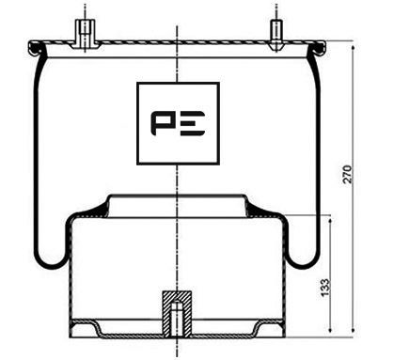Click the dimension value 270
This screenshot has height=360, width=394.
348,174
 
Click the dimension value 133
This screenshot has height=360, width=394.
325,287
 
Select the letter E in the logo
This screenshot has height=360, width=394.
193,123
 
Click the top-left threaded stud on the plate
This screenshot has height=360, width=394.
85,34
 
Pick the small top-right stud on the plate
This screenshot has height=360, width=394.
276,35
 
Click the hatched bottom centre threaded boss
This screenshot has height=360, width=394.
177,314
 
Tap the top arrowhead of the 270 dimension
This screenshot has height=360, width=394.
354,49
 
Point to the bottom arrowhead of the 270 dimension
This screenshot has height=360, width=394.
354,329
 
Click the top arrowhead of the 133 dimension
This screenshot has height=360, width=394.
330,222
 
